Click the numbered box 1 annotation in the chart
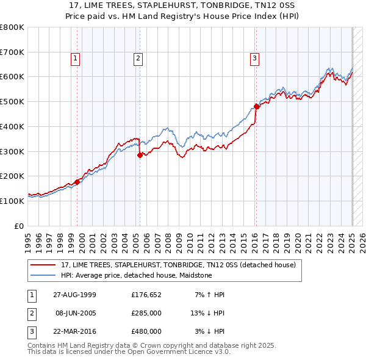(75, 59)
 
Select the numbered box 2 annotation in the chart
(138, 59)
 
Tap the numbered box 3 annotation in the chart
(254, 59)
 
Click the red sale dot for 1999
(77, 181)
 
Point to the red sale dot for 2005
(140, 155)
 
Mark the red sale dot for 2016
(257, 106)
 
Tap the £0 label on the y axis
(18, 226)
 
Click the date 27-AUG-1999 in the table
(74, 295)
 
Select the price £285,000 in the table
(146, 313)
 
